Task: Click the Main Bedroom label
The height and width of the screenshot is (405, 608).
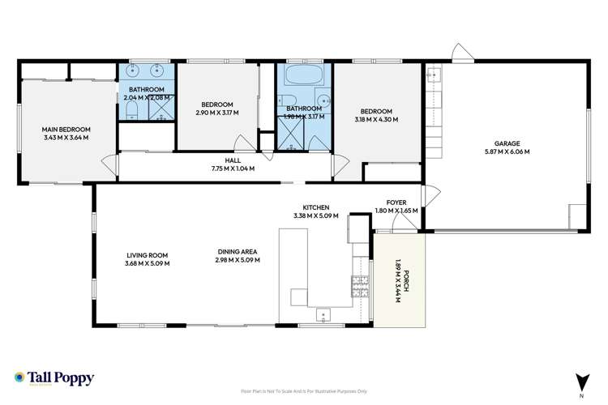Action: [x=66, y=130]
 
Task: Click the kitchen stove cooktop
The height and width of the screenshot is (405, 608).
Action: [x=357, y=285]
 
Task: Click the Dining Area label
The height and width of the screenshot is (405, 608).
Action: [x=237, y=251]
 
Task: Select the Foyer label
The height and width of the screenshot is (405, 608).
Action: [x=396, y=202]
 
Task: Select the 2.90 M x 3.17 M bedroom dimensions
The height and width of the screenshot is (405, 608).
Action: [x=217, y=113]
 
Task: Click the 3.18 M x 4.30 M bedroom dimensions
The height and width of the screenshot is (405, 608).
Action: [x=377, y=121]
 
